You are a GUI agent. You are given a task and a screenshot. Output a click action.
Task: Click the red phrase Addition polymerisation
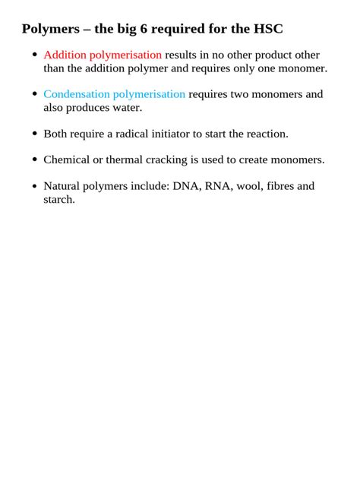[103, 55]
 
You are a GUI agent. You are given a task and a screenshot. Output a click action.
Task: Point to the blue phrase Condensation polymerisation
[114, 94]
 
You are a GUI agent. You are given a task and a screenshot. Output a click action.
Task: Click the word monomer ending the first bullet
[303, 68]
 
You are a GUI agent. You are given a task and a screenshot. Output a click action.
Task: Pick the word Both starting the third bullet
[55, 134]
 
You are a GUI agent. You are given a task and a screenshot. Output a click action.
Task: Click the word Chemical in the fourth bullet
[68, 159]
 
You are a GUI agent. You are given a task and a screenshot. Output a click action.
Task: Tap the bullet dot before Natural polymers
[34, 187]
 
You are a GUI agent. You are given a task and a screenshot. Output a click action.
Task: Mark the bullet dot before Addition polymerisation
[34, 56]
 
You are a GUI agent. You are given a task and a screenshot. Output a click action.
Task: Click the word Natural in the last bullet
[63, 186]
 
